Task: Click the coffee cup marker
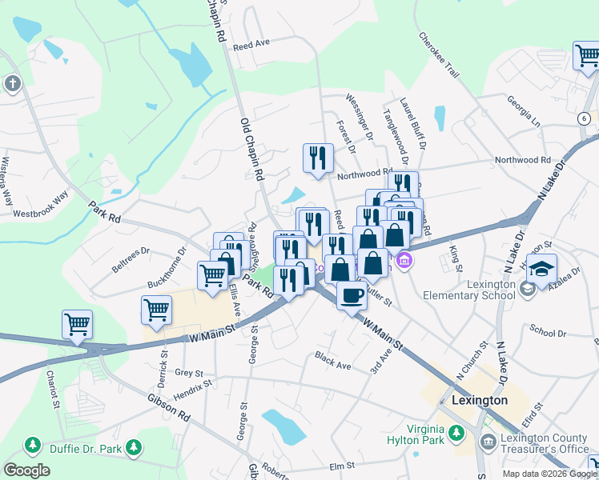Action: point(351,296)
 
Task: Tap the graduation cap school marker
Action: point(542,268)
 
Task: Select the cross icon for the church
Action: point(12,83)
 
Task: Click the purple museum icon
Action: point(404,260)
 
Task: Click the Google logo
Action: point(26,470)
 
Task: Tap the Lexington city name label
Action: point(480,400)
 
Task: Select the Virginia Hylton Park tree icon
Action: point(456,434)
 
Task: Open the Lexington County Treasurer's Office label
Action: point(545,443)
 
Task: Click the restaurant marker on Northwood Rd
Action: point(318,158)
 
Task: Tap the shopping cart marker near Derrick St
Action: point(156,310)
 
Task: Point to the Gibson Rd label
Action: point(168,406)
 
